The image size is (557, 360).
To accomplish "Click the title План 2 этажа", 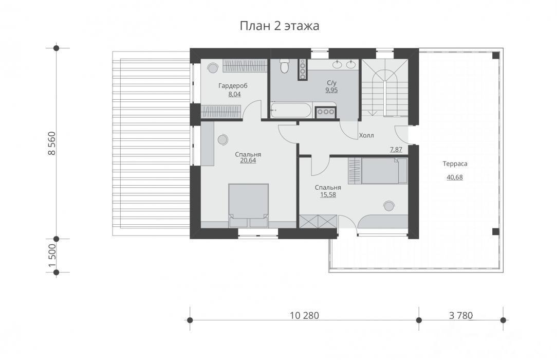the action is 279,26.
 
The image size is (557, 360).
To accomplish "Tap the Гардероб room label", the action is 233,86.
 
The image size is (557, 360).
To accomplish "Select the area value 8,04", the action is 234,94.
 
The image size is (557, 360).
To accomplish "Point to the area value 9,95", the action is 331,90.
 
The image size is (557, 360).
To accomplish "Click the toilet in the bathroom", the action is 284,66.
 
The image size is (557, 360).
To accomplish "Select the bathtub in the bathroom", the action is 291,111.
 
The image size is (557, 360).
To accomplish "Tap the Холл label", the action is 366,135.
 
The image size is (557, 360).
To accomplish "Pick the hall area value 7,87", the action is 396,150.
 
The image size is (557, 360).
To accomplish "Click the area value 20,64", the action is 248,160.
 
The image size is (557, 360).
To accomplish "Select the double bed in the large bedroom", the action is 248,205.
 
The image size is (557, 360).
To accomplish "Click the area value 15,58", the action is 328,195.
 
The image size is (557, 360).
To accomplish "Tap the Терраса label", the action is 455,164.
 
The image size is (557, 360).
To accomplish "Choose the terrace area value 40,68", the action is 455,177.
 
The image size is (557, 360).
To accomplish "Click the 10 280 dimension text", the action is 304,315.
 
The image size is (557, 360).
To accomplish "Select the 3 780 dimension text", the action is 461,315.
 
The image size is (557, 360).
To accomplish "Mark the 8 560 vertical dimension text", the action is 52,143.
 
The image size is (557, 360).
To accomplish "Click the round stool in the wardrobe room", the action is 213,67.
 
